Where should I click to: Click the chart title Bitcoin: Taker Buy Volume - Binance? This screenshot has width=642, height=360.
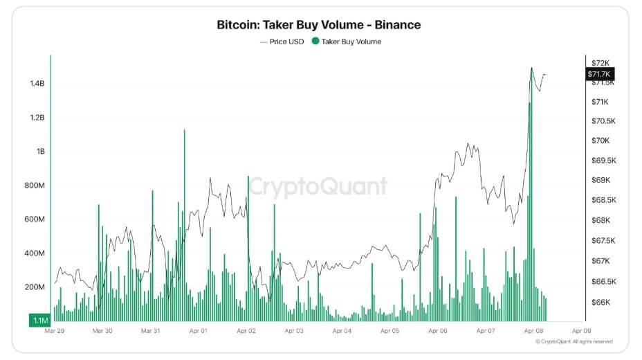(319, 25)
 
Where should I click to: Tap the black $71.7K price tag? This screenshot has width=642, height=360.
(600, 74)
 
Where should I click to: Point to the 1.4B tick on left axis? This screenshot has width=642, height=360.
(37, 84)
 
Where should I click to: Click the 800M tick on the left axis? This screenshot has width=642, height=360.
(34, 186)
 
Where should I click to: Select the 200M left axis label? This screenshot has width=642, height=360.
(34, 287)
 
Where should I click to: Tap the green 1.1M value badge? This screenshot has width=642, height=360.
(38, 320)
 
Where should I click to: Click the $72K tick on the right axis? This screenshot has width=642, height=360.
(599, 63)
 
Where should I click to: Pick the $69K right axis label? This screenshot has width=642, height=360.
(599, 181)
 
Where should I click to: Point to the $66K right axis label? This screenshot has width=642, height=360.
(599, 303)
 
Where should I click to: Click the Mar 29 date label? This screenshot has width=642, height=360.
(55, 332)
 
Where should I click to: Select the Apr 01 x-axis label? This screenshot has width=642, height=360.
(199, 332)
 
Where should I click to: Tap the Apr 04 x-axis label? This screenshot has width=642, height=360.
(342, 332)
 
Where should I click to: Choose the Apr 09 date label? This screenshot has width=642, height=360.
(581, 332)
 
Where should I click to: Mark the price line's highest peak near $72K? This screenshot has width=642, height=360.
(531, 68)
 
